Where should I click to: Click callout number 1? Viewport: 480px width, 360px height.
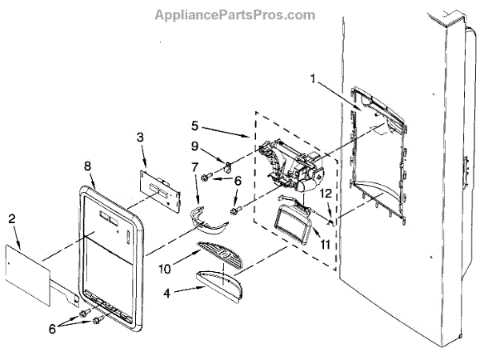point(313,79)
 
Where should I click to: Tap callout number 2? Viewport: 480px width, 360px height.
point(11,218)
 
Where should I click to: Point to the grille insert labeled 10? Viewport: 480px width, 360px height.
point(225,254)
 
